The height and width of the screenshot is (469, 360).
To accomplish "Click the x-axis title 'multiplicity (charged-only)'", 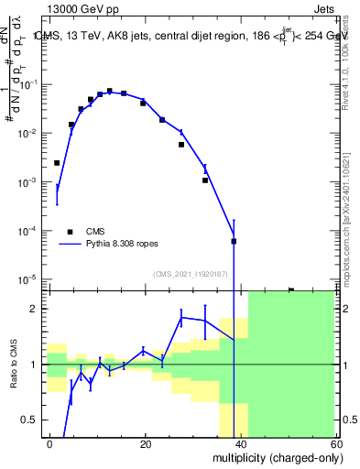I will click(x=272, y=457).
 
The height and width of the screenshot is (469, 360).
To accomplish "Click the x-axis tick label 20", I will click(x=145, y=443).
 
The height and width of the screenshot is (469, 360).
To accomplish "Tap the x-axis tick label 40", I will click(x=241, y=443).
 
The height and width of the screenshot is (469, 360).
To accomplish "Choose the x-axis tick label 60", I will click(x=335, y=443).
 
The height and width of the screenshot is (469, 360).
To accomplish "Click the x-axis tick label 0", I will click(x=50, y=443).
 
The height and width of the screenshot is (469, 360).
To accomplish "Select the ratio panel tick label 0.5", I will click(x=32, y=420).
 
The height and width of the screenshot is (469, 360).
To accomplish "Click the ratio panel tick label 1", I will click(x=36, y=365).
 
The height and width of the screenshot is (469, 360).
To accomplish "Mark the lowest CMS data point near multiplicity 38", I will click(x=234, y=241).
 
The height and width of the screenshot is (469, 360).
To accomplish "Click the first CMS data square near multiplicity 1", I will click(x=57, y=163).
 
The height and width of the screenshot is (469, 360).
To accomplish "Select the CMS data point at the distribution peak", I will click(x=109, y=92).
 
